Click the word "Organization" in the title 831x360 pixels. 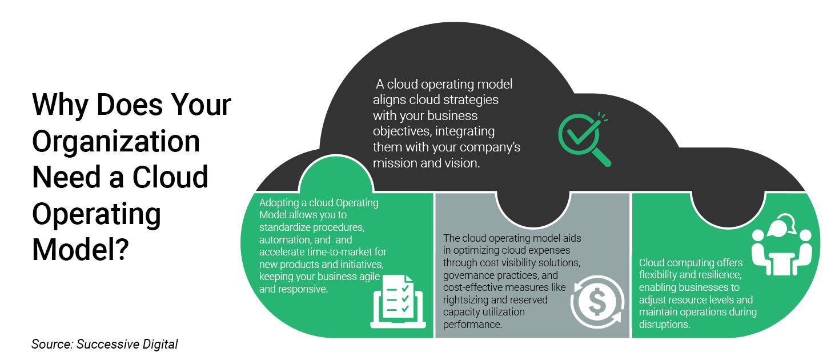tap(116, 141)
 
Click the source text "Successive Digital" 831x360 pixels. tap(128, 344)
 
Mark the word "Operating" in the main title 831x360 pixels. tap(97, 213)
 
